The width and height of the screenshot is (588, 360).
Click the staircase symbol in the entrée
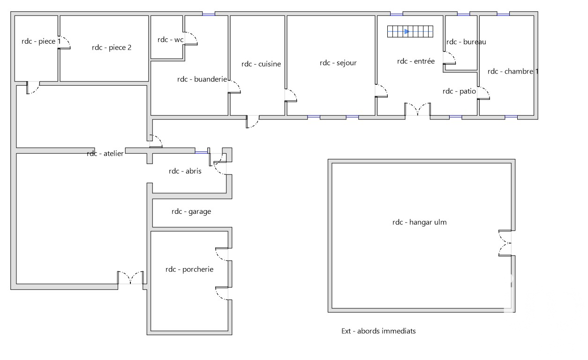click(x=410, y=31)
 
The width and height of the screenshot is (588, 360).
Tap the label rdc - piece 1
click(x=41, y=41)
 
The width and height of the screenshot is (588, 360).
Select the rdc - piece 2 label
click(x=112, y=47)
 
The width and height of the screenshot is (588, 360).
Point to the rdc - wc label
click(x=170, y=40)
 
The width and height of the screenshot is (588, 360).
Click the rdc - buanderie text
click(x=202, y=79)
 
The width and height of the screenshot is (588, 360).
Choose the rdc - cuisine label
click(x=261, y=64)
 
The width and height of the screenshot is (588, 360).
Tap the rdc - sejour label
click(x=338, y=63)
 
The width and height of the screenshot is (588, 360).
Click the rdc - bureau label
click(x=466, y=42)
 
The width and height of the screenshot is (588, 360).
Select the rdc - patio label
click(x=459, y=91)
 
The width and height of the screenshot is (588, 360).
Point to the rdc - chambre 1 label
click(x=513, y=71)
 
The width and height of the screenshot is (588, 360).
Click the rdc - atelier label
click(x=105, y=153)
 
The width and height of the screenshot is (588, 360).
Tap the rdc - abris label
click(x=185, y=171)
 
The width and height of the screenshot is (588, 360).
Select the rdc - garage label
click(x=191, y=211)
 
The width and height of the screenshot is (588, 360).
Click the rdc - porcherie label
click(x=189, y=270)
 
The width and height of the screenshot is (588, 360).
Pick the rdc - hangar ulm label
click(x=420, y=222)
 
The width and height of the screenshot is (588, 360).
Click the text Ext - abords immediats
click(x=378, y=331)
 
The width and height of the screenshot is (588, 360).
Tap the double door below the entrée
click(x=417, y=109)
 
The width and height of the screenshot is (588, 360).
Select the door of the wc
click(x=190, y=38)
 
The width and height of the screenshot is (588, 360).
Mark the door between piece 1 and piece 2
click(x=64, y=43)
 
